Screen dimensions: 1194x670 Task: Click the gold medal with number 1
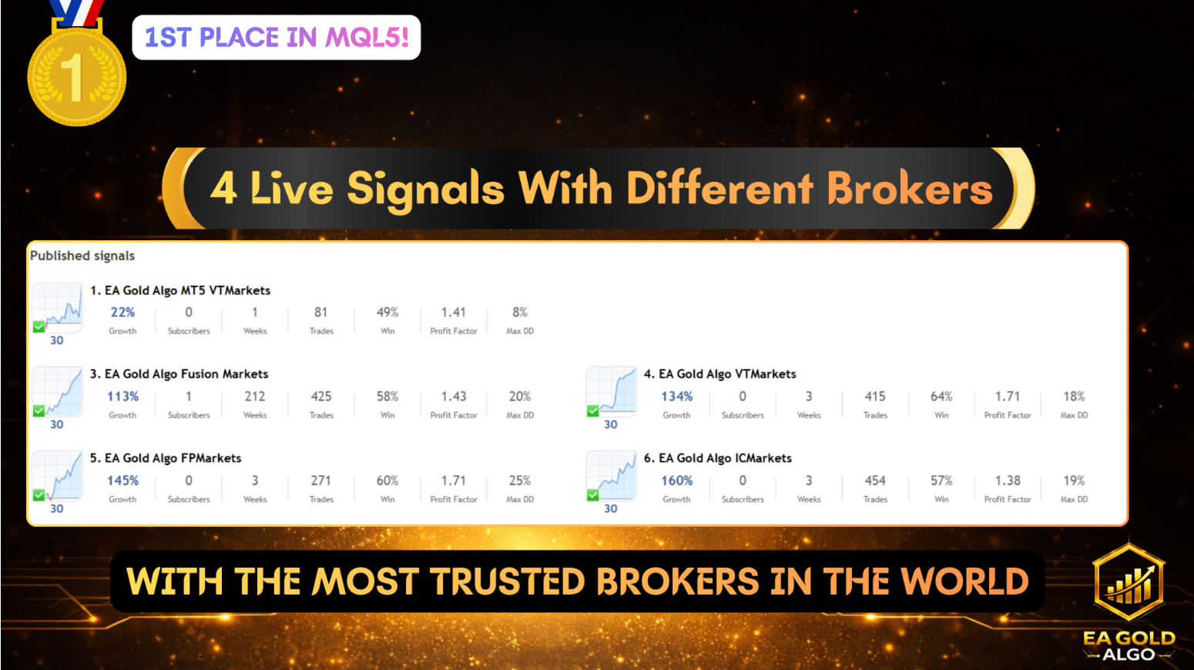tap(77, 76)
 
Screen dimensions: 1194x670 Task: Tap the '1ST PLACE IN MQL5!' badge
tap(276, 37)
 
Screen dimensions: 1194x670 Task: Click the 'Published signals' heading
tap(82, 256)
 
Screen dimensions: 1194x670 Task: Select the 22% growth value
tap(122, 313)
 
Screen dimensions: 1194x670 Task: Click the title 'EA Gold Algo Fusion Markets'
tap(186, 374)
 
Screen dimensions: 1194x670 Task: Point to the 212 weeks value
tap(255, 397)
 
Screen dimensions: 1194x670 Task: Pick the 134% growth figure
tap(676, 397)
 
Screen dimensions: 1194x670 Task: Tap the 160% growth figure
tap(676, 481)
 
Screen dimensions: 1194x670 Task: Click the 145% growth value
tap(122, 481)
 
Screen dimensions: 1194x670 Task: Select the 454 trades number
tap(875, 481)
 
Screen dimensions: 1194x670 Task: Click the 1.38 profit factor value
tap(1008, 481)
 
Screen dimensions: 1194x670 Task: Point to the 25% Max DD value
tap(520, 481)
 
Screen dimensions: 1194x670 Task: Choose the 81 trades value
tap(321, 313)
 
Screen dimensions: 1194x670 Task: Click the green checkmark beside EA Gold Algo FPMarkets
tap(39, 495)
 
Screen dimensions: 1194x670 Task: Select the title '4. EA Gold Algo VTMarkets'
tap(719, 374)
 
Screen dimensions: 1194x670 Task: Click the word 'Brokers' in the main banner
tap(909, 189)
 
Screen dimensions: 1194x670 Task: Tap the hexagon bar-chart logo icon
tap(1129, 582)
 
